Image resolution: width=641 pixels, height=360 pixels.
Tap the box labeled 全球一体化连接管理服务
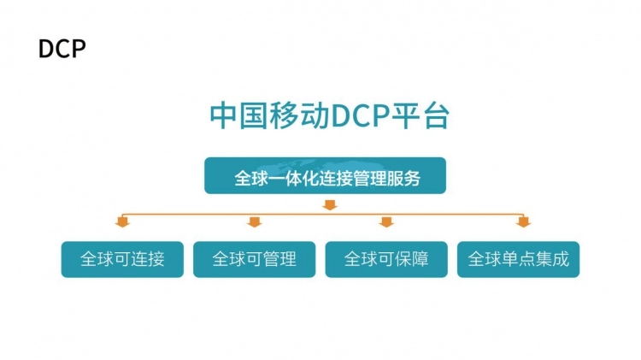(325, 179)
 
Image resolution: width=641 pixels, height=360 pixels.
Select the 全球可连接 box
(122, 259)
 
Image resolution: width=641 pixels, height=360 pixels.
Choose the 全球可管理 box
(254, 259)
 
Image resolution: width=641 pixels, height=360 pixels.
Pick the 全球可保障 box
(386, 259)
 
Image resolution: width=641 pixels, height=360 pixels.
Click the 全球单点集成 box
(518, 259)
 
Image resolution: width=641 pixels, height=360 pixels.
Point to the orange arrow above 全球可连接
(122, 223)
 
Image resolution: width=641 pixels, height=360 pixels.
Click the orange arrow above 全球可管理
(254, 223)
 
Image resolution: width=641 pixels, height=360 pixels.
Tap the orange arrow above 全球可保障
(386, 223)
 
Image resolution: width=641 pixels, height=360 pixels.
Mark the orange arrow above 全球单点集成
(523, 223)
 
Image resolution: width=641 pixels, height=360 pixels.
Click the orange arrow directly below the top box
(330, 204)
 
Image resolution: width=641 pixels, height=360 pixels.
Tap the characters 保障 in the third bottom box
(411, 259)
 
